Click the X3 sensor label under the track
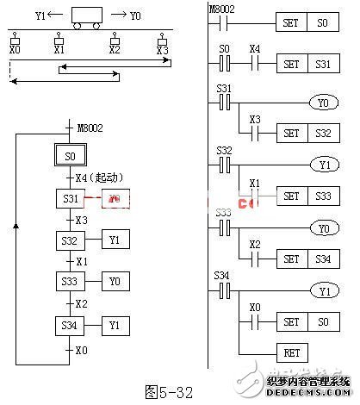162,52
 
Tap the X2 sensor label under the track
115,52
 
